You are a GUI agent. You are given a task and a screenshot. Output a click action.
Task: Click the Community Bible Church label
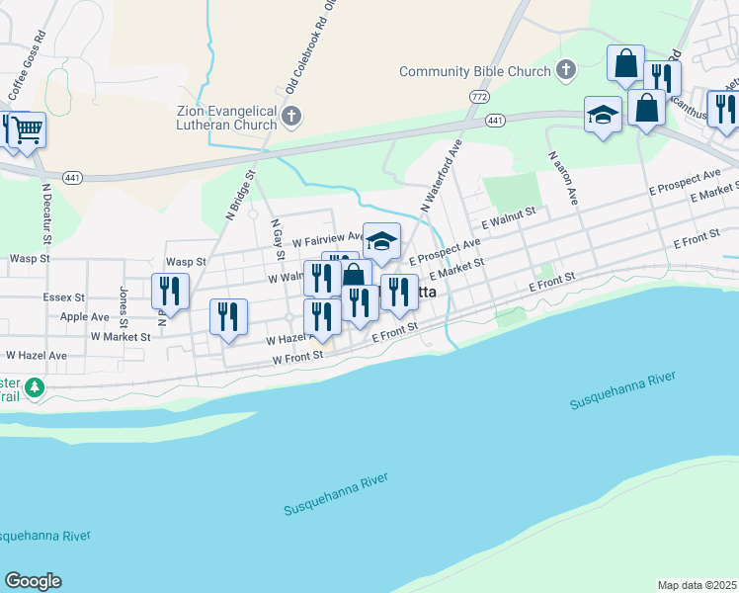coord(474,71)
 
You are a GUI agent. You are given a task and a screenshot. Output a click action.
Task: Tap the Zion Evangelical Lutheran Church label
coord(226,118)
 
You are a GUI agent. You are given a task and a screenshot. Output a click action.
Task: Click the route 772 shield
coord(480,97)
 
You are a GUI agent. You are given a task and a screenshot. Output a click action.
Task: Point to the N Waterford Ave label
coord(442,176)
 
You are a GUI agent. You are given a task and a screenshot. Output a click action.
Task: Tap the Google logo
coord(33,581)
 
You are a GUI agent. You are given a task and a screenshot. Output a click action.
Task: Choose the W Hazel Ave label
coord(36,355)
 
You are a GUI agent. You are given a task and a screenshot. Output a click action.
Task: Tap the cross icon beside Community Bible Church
coord(565,69)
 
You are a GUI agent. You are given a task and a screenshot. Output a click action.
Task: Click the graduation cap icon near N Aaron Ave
coord(603,115)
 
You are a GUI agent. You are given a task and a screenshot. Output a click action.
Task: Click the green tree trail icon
coord(36,386)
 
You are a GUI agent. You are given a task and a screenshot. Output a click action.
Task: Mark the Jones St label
coord(123,306)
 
